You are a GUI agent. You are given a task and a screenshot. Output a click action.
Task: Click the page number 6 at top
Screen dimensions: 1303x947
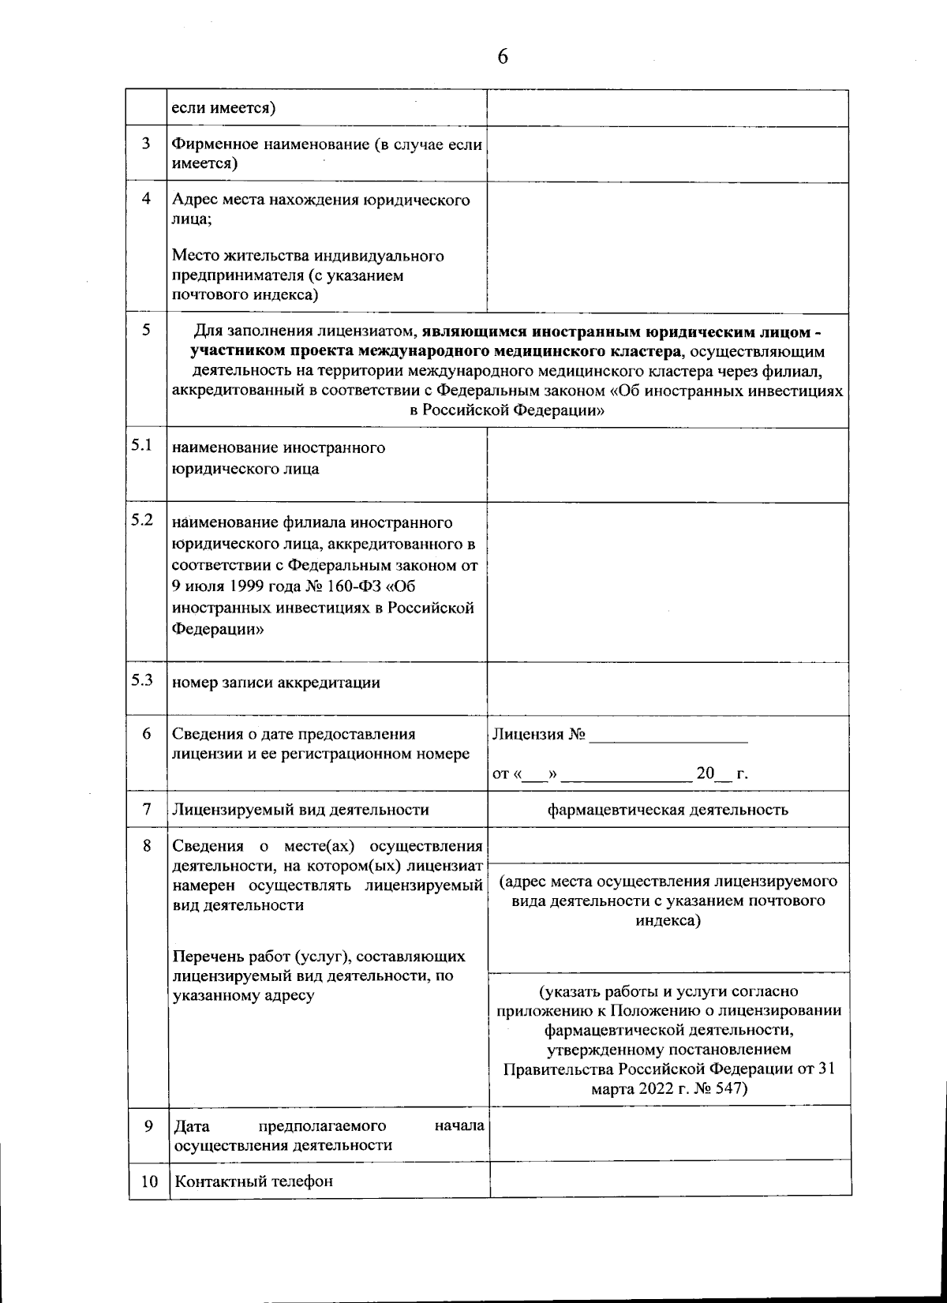(502, 57)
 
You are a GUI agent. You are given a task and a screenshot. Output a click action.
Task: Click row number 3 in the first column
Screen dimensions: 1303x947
(146, 144)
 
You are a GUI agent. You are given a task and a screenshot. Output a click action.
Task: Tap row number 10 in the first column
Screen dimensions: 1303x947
(149, 1181)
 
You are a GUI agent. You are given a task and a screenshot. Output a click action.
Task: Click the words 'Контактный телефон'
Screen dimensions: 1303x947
(253, 1181)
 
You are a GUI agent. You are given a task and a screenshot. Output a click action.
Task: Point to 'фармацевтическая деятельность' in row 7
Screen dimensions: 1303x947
(668, 809)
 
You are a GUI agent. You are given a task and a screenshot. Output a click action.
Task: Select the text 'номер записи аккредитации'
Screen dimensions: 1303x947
(275, 683)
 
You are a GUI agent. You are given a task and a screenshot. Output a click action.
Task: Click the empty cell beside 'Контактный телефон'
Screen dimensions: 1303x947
(669, 1181)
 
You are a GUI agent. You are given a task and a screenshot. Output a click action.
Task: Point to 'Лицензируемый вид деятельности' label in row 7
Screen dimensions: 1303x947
(300, 810)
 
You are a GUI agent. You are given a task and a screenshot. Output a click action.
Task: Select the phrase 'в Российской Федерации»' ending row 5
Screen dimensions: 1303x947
(507, 410)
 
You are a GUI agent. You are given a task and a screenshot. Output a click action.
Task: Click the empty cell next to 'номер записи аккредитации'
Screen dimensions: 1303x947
(668, 687)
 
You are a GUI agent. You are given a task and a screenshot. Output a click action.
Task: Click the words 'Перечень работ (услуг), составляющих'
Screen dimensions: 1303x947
(318, 957)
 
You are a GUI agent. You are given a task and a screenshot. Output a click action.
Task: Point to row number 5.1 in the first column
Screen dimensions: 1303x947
(142, 445)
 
